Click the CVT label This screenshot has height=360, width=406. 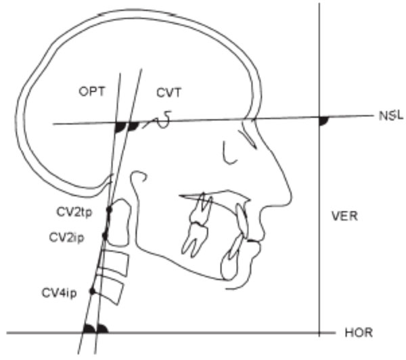166,92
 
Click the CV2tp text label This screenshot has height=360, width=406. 74,212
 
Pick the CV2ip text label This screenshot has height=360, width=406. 67,238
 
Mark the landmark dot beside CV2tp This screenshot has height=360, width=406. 109,210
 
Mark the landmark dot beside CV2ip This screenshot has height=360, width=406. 105,235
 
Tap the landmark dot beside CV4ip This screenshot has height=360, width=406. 93,291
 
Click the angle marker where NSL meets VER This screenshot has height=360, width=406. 323,120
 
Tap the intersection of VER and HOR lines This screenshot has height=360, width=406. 318,333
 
